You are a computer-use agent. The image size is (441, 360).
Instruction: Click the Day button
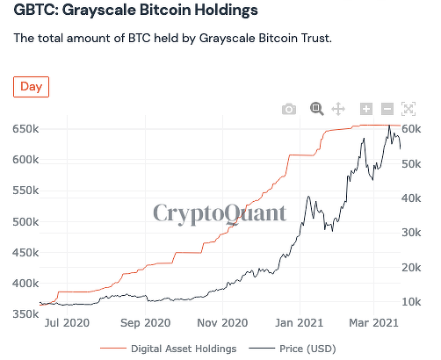pos(31,87)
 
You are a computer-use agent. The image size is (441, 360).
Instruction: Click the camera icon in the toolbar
pos(288,109)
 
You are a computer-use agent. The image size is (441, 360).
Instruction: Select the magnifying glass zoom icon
pos(316,109)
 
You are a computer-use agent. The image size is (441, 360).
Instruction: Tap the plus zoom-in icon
pos(366,109)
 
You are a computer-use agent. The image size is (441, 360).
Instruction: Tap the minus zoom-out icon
pos(387,109)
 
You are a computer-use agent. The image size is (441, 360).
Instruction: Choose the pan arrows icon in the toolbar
pos(338,109)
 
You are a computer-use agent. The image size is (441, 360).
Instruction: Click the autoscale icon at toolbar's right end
pos(408,109)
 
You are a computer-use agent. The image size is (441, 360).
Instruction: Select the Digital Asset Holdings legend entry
pos(183,349)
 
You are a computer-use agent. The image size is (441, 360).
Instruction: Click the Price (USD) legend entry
pos(307,349)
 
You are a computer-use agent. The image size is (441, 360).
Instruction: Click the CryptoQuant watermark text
pos(220,212)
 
